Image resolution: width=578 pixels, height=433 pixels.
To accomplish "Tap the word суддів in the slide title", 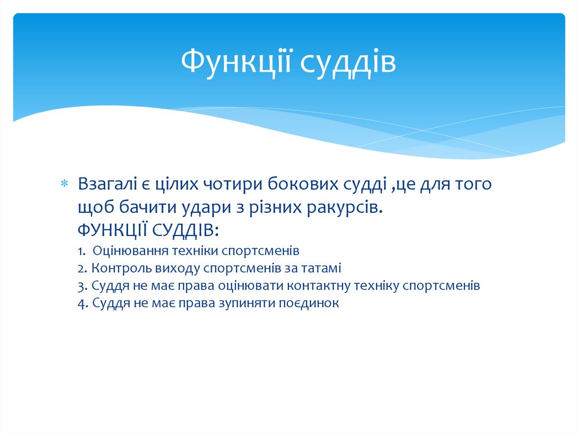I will (x=347, y=64).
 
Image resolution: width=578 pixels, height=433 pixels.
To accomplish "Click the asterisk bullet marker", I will (x=64, y=185).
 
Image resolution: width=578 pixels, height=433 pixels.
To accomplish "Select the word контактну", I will (x=319, y=286).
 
